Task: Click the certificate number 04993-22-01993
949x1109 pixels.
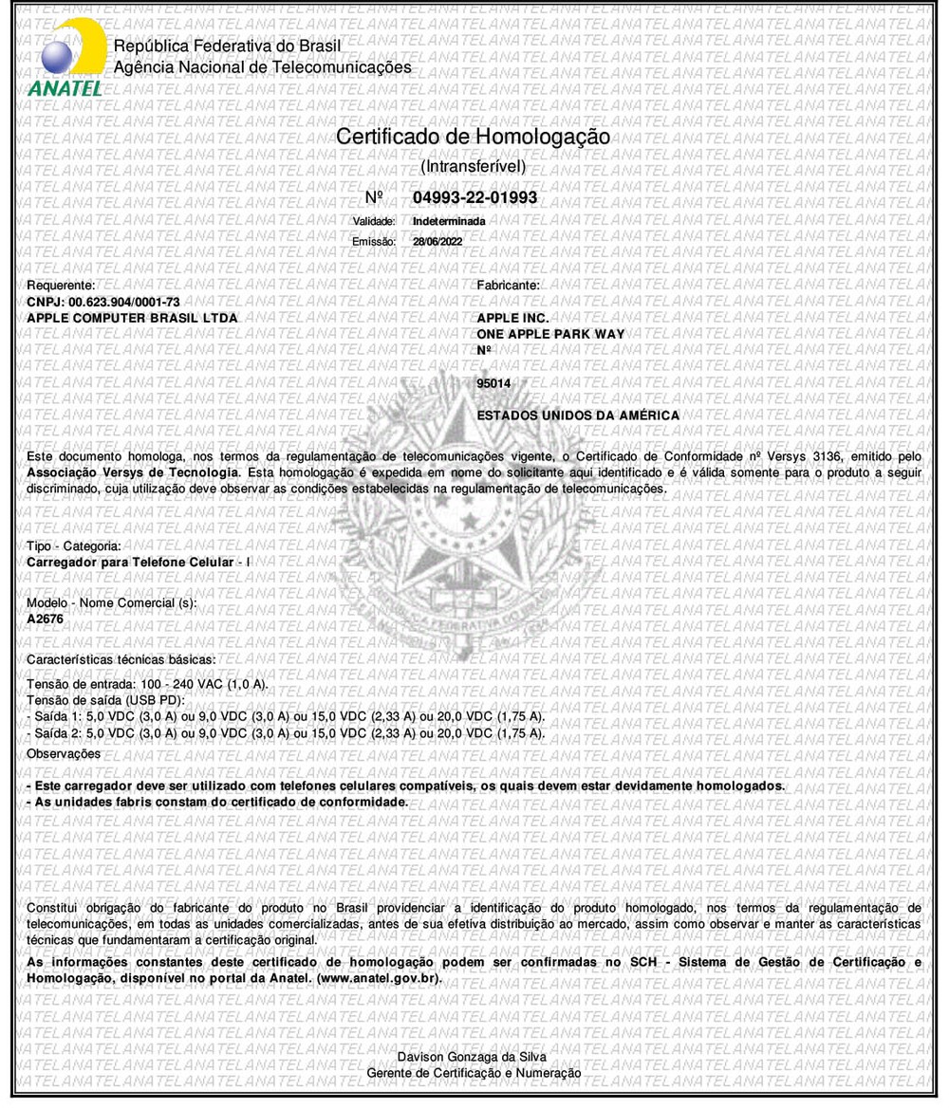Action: pyautogui.click(x=475, y=197)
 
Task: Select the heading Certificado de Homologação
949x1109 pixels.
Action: pyautogui.click(x=473, y=137)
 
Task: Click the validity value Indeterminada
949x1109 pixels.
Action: pyautogui.click(x=450, y=220)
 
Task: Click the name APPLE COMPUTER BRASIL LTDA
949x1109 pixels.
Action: pyautogui.click(x=133, y=316)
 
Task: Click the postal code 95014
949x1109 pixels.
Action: pyautogui.click(x=498, y=382)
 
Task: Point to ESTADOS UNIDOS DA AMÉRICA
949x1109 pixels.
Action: pyautogui.click(x=578, y=416)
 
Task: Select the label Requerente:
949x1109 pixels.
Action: pyautogui.click(x=61, y=285)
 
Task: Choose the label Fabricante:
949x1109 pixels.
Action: pyautogui.click(x=508, y=285)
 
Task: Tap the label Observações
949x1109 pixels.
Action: pyautogui.click(x=64, y=753)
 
